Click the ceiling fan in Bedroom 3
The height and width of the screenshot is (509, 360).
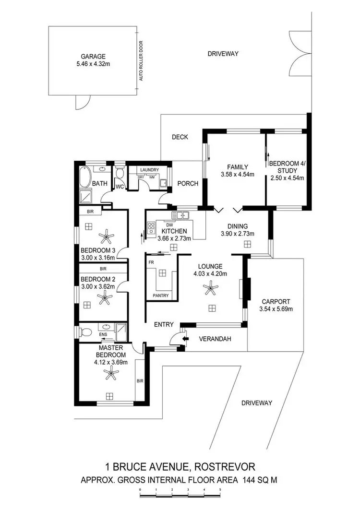(x=105, y=236)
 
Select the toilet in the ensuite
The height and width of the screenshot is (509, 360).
(x=85, y=331)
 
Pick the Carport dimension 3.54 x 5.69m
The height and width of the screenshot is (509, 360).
(x=277, y=308)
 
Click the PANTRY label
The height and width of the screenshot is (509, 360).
(x=160, y=296)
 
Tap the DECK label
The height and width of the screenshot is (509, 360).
(x=180, y=137)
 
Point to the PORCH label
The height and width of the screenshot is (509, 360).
(x=188, y=183)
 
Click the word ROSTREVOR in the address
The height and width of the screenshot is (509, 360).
(x=227, y=466)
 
